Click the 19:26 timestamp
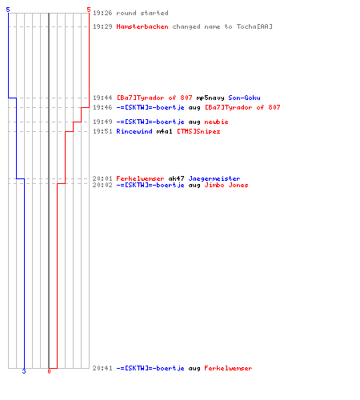click(102, 13)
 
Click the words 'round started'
click(142, 13)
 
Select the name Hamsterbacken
click(142, 26)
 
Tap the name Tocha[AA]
click(254, 26)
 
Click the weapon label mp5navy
click(210, 98)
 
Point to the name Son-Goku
click(244, 98)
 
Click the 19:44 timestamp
click(102, 98)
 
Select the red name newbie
click(216, 122)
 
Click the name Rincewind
click(134, 131)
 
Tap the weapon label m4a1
click(164, 131)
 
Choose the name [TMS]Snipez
click(198, 131)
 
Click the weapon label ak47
click(176, 178)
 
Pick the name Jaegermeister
click(214, 178)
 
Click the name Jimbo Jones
click(226, 185)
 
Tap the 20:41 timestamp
click(102, 368)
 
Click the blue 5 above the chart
click(8, 10)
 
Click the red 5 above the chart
click(89, 10)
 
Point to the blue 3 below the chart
click(24, 371)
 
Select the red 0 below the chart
click(49, 371)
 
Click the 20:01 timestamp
click(102, 178)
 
